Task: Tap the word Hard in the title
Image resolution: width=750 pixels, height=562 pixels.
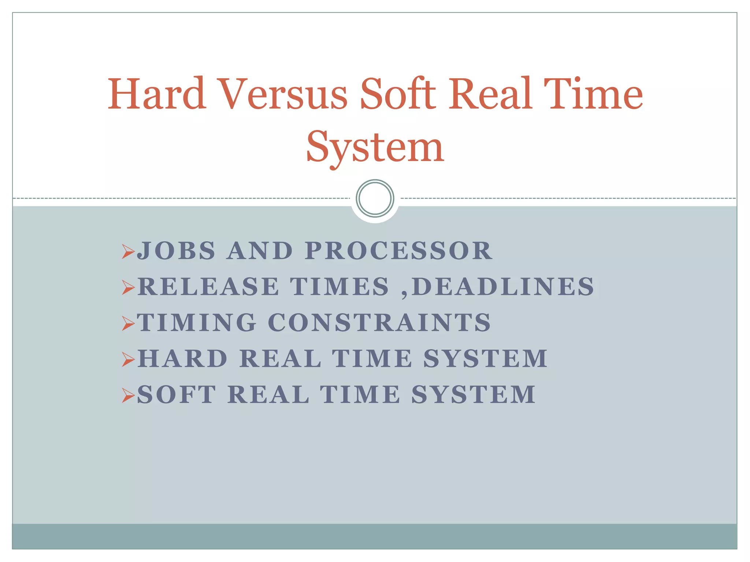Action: (x=156, y=94)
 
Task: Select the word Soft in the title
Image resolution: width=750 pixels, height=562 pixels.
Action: (x=398, y=94)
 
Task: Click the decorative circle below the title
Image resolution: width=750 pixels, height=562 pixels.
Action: (x=375, y=198)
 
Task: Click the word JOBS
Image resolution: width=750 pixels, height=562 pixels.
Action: (x=176, y=251)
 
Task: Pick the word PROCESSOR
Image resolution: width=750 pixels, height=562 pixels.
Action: (x=398, y=251)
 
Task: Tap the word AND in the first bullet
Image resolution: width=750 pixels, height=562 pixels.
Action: (x=260, y=251)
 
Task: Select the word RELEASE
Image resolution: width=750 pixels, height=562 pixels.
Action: (x=208, y=286)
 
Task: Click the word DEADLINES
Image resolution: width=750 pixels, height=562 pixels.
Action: (x=502, y=286)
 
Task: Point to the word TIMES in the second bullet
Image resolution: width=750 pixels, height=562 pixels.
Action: (x=339, y=286)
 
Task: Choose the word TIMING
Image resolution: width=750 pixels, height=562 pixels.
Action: (x=197, y=323)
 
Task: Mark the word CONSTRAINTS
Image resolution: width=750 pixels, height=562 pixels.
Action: (x=379, y=323)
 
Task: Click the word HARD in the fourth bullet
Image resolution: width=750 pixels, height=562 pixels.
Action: (x=183, y=359)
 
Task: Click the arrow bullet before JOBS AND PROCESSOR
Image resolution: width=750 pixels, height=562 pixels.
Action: (x=128, y=252)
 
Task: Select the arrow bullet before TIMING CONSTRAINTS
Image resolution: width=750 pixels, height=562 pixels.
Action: (x=128, y=323)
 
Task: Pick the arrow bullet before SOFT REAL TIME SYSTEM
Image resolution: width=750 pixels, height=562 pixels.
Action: (x=128, y=396)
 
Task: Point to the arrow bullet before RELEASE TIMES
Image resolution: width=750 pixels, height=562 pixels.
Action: (x=128, y=288)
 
